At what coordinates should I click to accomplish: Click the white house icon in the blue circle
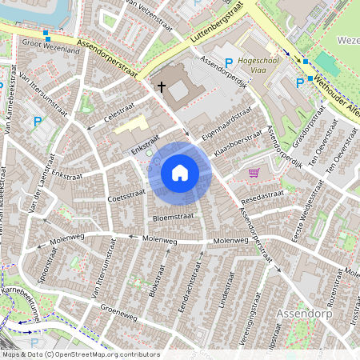click(180, 172)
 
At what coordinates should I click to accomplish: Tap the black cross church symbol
click(161, 86)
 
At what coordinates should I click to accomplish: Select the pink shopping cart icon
click(254, 173)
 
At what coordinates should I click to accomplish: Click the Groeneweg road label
click(123, 317)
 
